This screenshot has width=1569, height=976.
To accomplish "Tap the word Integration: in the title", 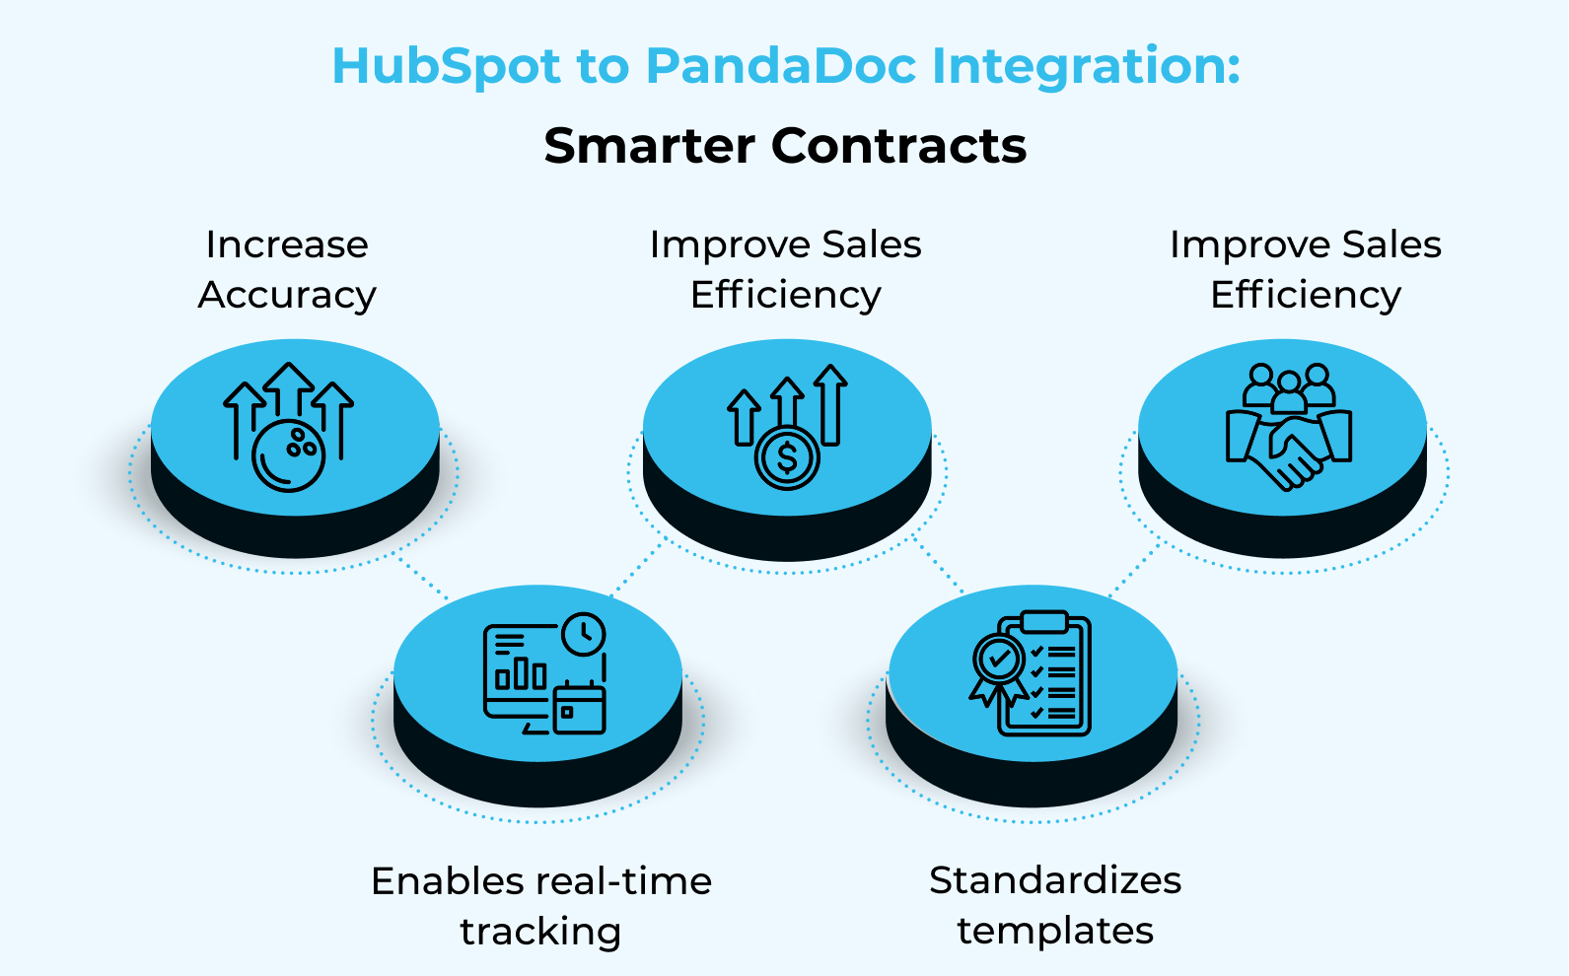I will coord(1086,67).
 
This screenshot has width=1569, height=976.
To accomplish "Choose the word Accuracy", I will coord(287,295).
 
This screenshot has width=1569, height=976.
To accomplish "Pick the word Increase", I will coord(287,244).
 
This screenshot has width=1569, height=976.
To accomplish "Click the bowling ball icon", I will coord(289,455).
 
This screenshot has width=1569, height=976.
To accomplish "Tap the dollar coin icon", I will coord(787,457).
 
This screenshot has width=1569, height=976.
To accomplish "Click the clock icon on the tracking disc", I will coord(584,634).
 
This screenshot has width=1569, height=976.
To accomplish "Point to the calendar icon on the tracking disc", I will coord(580,708).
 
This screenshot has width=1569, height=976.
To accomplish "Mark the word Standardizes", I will coord(1055,880).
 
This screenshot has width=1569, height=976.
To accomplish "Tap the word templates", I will coord(1055,931).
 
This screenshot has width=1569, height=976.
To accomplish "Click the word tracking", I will coord(540,932).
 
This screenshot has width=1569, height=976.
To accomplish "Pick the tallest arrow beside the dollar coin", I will coord(831,404).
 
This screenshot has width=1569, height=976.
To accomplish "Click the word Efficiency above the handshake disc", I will coord(1306,295).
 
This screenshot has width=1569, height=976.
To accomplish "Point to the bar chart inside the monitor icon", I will coord(521,674).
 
